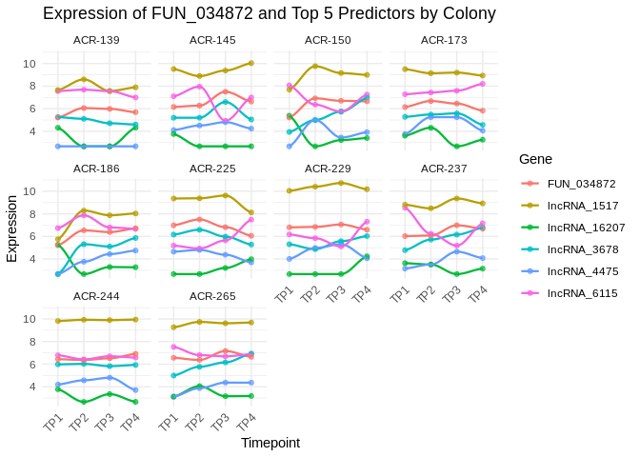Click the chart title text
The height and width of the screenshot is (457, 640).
[270, 13]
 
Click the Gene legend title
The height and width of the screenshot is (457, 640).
[537, 158]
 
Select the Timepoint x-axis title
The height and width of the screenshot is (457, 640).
[270, 443]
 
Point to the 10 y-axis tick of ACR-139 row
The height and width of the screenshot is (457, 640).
[30, 64]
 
